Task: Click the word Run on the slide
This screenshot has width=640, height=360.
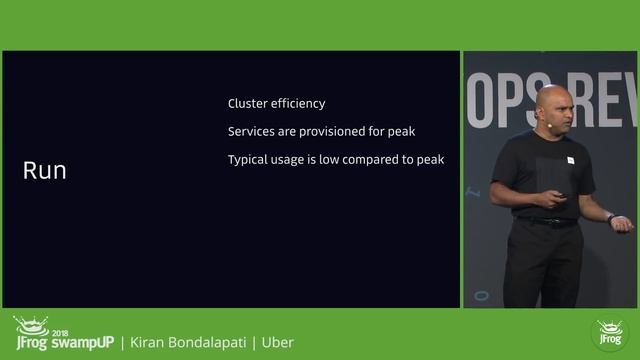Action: coord(44,171)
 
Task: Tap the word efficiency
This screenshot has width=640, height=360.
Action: coord(299,103)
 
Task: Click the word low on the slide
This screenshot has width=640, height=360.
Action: coord(331,160)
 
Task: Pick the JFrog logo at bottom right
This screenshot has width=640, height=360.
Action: coord(609,335)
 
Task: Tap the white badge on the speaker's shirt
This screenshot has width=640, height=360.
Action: coord(570,160)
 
